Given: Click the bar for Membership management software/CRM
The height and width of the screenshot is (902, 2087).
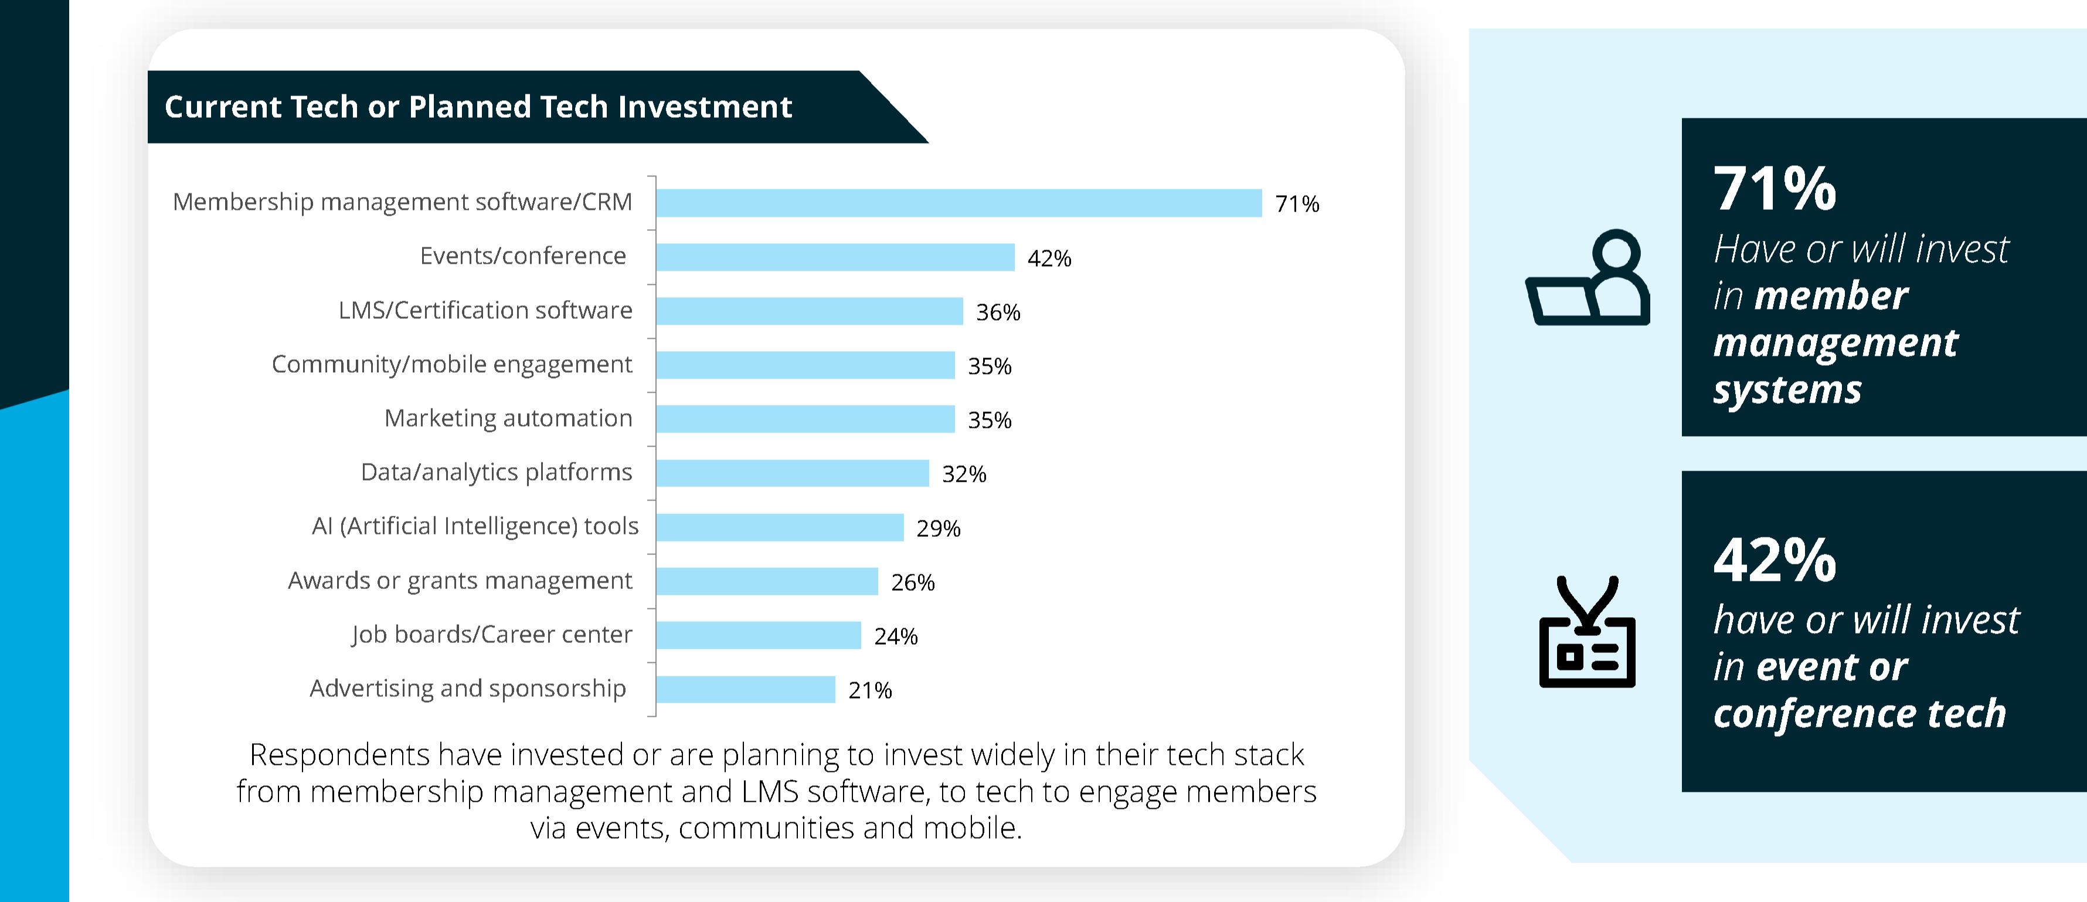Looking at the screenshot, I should coord(958,203).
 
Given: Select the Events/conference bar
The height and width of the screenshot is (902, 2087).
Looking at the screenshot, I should coord(834,257).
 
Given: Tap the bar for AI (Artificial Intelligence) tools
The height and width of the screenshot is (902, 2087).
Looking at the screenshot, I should coord(779,527).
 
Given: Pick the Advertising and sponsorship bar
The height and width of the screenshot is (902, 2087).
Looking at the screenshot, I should coord(745,690).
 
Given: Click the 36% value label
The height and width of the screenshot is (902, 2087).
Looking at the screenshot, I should coord(997,312).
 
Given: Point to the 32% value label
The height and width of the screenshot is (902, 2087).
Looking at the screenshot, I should coord(963,475).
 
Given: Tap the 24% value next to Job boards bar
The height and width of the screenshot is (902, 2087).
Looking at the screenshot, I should coord(895,636).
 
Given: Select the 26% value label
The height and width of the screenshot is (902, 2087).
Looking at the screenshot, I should coord(912,582).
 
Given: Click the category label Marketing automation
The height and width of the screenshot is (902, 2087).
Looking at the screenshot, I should coord(508,418).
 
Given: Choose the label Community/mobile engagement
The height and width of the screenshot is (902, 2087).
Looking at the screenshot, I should coord(451,365).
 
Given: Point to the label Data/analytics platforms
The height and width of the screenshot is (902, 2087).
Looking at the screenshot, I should coord(496,472).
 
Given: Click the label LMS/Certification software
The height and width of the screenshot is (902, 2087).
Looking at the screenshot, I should coord(484,310).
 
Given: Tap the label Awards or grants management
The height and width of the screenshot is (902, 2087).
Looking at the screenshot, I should coord(460,581).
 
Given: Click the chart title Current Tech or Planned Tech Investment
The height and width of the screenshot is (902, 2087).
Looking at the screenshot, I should coord(478,107).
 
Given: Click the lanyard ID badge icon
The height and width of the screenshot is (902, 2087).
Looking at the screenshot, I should coord(1586,632).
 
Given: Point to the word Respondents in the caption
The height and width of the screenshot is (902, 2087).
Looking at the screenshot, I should coord(339,755).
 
